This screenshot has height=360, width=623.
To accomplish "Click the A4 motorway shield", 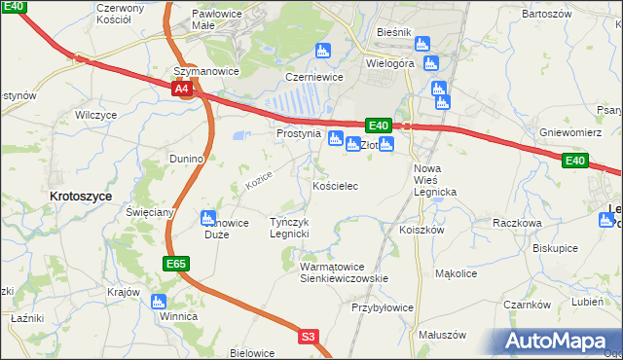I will (182, 90).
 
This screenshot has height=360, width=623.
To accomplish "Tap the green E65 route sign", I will (176, 264).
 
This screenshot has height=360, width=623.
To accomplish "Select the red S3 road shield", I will (309, 337).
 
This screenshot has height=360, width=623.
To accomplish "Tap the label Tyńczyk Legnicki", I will (289, 228).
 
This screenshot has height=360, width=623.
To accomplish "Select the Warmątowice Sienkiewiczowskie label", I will (344, 271).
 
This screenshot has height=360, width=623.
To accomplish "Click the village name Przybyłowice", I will (382, 307).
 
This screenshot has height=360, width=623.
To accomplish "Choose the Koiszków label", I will (421, 231).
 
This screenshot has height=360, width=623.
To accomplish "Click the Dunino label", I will (185, 158).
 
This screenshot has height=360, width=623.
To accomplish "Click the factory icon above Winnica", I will (160, 302).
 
